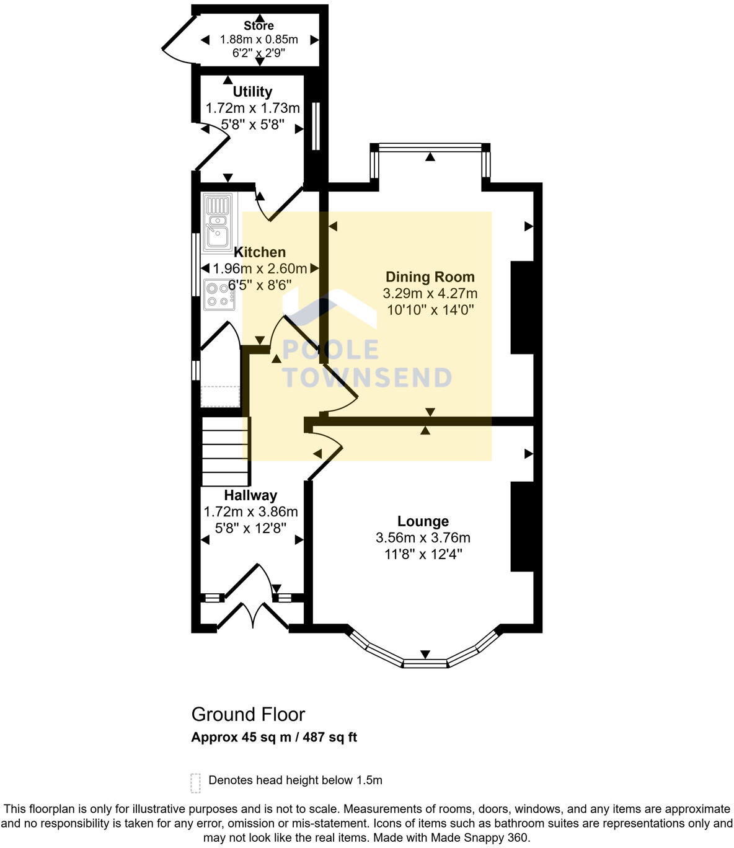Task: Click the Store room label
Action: point(259,26)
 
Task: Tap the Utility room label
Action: point(252,92)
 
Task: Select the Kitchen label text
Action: point(260,252)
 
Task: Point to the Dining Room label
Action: point(430,277)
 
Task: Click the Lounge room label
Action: point(423,521)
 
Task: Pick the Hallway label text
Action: point(250,495)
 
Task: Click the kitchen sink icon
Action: point(216,222)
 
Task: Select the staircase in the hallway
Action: point(226,451)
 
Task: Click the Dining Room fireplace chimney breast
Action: point(522,307)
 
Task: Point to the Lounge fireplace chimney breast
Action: point(522,526)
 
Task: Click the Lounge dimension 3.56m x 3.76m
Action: point(423,537)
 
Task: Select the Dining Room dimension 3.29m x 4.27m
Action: point(430,293)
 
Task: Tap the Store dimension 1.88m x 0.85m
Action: point(259,40)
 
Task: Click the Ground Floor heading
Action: point(248,715)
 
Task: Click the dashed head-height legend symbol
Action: point(196,783)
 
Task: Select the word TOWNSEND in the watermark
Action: point(367,378)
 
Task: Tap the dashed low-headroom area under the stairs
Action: point(220,396)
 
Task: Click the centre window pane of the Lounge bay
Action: point(425,664)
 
